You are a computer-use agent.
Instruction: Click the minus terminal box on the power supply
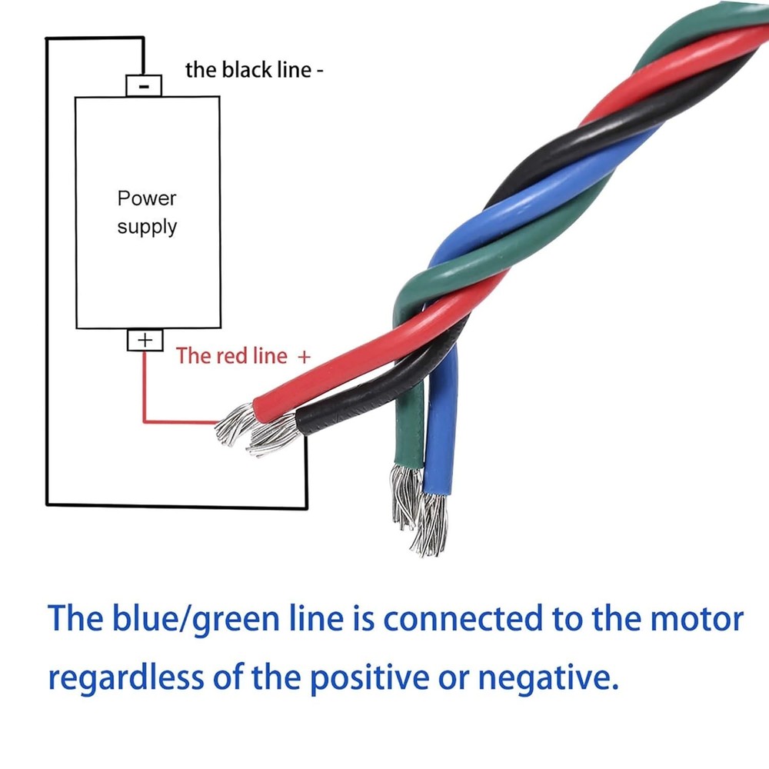(144, 85)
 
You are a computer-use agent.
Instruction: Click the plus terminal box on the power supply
(145, 339)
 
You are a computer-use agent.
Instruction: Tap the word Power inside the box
(147, 198)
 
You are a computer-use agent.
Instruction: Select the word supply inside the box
(147, 227)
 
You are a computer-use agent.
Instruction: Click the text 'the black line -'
(254, 70)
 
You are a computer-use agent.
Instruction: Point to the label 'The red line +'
(243, 356)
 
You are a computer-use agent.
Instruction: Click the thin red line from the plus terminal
(144, 392)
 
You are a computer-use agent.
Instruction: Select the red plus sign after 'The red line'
(304, 357)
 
